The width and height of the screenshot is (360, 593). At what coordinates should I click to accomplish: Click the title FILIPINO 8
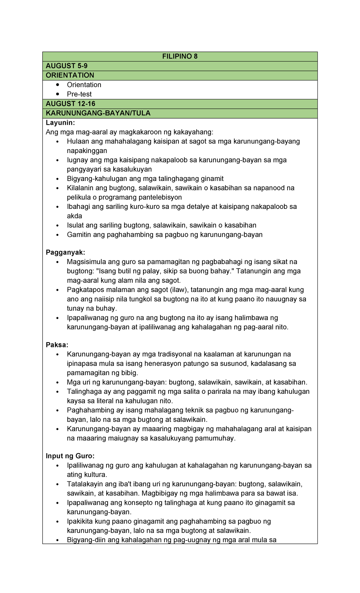(180, 56)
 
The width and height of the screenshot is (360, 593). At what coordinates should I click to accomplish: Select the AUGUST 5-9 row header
(67, 66)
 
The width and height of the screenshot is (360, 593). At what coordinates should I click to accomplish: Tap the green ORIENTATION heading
(70, 75)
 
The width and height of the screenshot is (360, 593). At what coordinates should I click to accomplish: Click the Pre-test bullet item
(79, 94)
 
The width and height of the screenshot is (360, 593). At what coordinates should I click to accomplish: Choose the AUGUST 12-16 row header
(70, 104)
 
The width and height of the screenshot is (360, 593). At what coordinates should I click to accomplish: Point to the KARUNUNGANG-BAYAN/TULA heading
(98, 113)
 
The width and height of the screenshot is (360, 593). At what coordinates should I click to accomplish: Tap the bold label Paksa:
(57, 345)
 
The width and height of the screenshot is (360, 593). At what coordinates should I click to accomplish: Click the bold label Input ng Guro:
(70, 456)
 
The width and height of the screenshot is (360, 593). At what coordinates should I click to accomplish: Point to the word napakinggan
(87, 150)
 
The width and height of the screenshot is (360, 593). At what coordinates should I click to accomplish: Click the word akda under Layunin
(74, 216)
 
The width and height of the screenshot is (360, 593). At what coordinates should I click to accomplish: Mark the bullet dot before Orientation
(58, 85)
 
